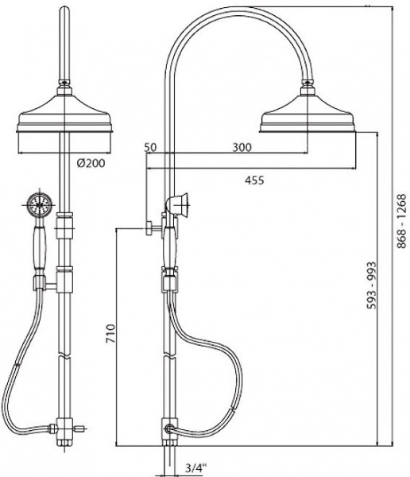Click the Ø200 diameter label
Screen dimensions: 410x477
click(x=91, y=163)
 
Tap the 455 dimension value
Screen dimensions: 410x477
click(x=254, y=180)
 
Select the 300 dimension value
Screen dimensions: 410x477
click(x=242, y=147)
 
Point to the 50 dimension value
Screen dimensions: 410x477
click(x=150, y=147)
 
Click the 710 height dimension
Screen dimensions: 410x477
click(x=110, y=334)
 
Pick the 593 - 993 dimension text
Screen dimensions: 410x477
click(x=371, y=285)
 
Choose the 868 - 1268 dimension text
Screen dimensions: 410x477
click(x=401, y=220)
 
